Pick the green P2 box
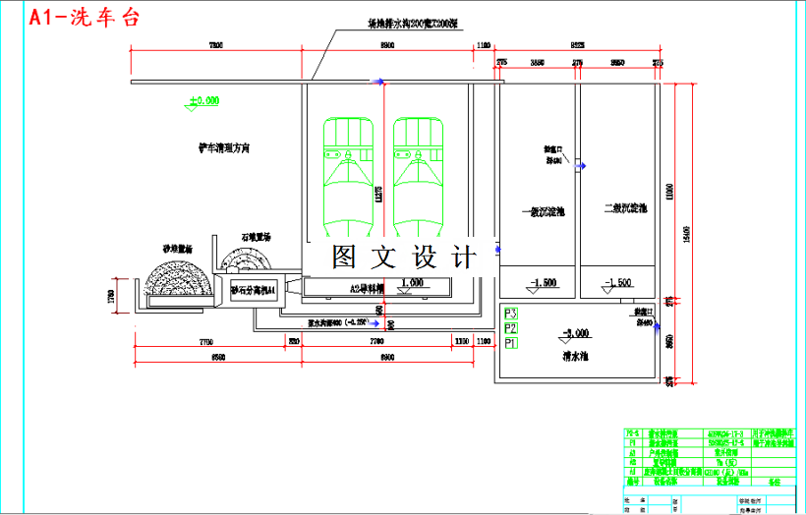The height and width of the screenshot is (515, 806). coord(510,328)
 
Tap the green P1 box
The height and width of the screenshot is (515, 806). coord(510,344)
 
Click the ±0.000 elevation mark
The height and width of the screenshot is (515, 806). coord(203,100)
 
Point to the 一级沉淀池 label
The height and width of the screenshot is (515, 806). coord(544,210)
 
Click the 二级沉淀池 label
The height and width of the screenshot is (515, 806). coord(626,208)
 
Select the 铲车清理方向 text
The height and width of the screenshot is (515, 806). coord(225,147)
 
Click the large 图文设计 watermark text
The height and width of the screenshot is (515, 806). coord(403,257)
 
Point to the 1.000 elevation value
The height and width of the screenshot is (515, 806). coord(412,282)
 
